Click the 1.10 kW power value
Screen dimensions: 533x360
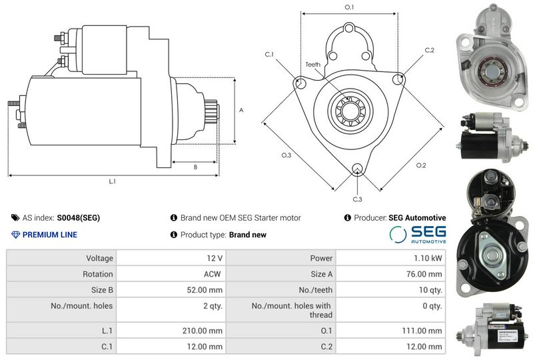click(x=428, y=258)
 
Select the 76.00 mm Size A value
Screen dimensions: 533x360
click(x=424, y=274)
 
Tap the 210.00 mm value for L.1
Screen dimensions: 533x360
click(x=203, y=331)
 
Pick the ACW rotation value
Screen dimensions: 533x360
click(x=212, y=274)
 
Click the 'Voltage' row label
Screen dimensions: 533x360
click(x=99, y=258)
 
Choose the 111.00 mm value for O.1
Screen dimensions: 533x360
click(x=422, y=331)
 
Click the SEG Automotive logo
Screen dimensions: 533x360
click(x=418, y=235)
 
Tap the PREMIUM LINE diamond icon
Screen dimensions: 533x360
click(x=15, y=235)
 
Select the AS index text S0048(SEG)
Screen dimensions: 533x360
click(x=79, y=218)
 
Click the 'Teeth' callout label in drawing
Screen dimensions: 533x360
click(x=312, y=64)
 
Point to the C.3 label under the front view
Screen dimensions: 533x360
click(x=357, y=199)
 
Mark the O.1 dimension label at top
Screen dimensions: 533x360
click(x=349, y=7)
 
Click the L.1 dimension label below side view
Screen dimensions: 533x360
click(x=112, y=181)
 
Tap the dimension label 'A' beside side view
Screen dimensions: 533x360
click(x=241, y=110)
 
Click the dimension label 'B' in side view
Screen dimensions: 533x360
click(x=195, y=167)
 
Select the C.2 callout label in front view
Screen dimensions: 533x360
click(x=429, y=50)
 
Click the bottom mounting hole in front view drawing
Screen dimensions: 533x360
click(x=357, y=169)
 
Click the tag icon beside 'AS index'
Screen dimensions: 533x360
click(x=15, y=218)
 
